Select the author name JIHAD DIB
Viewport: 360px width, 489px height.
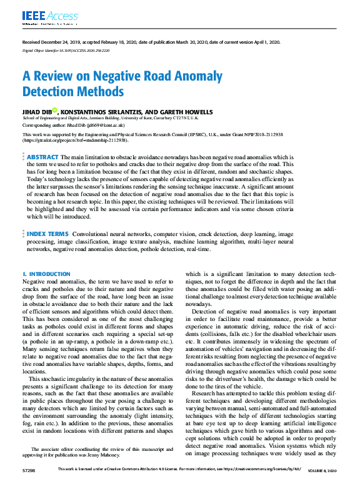(37, 112)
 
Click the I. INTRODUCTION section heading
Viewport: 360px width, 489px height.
(46, 274)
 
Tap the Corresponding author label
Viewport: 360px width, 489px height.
(42, 125)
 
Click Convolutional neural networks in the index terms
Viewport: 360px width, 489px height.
(108, 234)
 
